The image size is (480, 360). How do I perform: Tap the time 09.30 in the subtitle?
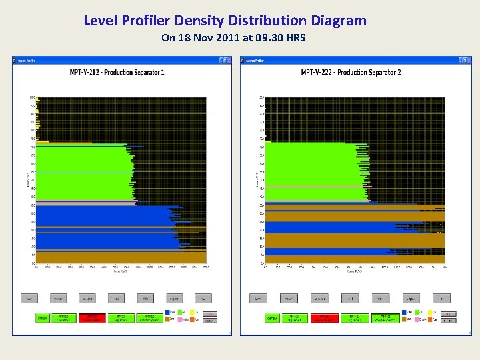pyautogui.click(x=265, y=38)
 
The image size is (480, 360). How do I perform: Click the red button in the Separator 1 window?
pyautogui.click(x=93, y=318)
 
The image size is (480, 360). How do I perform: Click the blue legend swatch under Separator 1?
pyautogui.click(x=167, y=313)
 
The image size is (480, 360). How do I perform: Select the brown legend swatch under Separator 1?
pyautogui.click(x=167, y=319)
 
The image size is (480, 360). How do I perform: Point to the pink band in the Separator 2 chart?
pyautogui.click(x=313, y=187)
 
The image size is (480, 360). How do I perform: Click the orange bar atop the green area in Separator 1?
pyautogui.click(x=63, y=143)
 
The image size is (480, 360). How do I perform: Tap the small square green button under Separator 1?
pyautogui.click(x=42, y=318)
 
